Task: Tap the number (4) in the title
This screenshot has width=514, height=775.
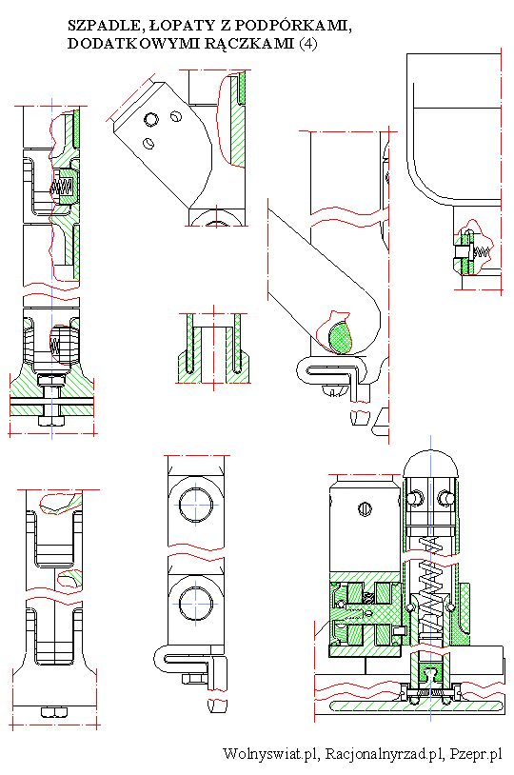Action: click(307, 44)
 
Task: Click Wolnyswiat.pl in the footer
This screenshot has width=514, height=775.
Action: click(271, 754)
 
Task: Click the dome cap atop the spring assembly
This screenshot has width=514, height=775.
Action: click(430, 464)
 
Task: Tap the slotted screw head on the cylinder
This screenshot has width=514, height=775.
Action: click(365, 508)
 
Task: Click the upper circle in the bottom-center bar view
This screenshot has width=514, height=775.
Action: click(196, 506)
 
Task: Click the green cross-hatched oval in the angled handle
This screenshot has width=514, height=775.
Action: click(340, 337)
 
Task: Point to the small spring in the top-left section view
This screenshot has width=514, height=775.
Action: click(63, 186)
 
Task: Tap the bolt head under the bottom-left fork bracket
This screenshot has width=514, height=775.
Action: click(53, 712)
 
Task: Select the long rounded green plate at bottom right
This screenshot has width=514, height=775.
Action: click(417, 705)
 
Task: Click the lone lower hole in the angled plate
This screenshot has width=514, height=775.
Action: click(148, 143)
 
